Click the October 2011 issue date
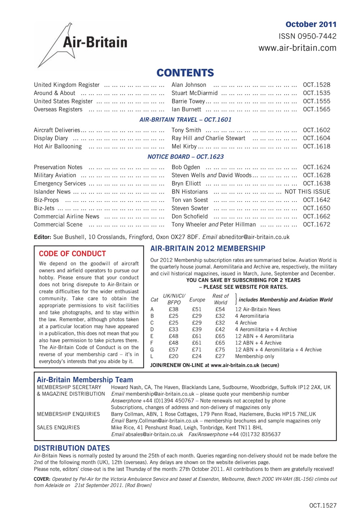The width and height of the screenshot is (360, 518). coord(311,24)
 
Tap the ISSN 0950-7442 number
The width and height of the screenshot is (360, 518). coord(308,36)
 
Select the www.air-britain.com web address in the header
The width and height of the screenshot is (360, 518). coord(297,48)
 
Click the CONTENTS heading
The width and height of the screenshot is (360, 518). coord(185,73)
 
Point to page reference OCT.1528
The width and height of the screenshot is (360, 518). coord(316,85)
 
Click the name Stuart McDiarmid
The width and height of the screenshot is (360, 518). coord(194,93)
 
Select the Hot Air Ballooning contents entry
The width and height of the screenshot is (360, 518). coord(58,146)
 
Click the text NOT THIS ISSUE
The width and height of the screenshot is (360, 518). coord(307,192)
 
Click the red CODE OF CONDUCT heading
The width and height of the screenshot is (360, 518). coord(72,254)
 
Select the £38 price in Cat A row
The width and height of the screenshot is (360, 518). coord(173,309)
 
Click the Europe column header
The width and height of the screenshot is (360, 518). coord(197,300)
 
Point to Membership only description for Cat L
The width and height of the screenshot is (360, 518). coord(254,357)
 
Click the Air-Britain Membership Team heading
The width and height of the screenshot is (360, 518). coord(85,380)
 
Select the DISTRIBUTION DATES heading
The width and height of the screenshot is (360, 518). coord(72,448)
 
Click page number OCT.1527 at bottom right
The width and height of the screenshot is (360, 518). coord(323,505)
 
